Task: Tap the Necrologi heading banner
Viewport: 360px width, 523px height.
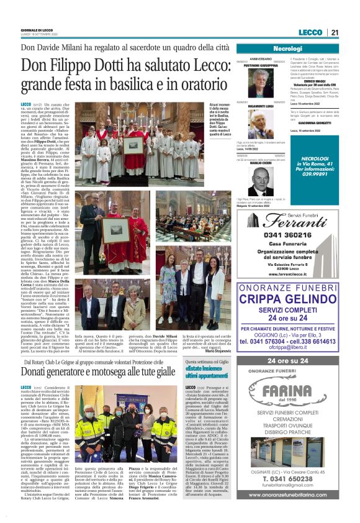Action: click(x=287, y=48)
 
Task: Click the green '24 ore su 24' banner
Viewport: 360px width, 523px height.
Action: click(x=287, y=361)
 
